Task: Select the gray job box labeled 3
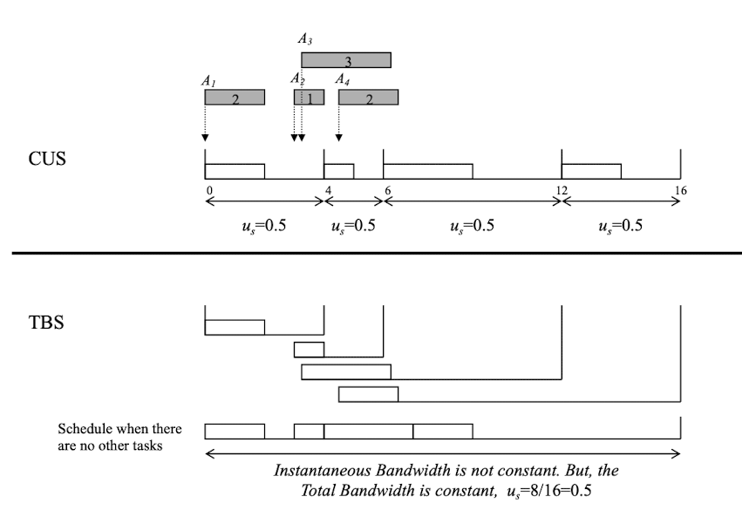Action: [346, 61]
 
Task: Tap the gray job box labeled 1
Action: [309, 99]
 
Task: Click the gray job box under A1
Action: [235, 99]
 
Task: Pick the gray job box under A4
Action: [368, 99]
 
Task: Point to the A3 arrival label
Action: [303, 39]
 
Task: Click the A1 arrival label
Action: [208, 80]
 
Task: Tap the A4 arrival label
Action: [344, 80]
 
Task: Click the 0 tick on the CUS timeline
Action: [209, 190]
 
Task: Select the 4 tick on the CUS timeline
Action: [328, 190]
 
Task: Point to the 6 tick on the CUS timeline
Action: [387, 190]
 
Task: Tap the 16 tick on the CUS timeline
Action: [680, 190]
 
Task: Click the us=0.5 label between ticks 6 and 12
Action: [472, 225]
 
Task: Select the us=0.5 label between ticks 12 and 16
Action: [621, 225]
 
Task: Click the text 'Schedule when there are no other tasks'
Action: [119, 436]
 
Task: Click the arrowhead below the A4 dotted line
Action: [338, 137]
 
